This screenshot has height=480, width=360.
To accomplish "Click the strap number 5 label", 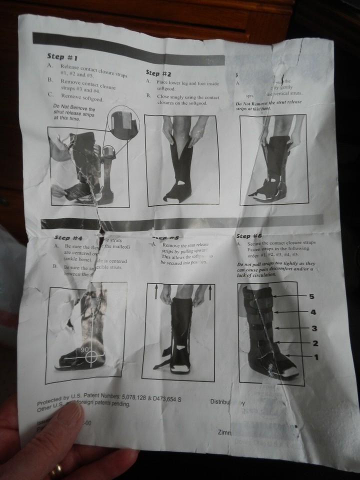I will [311, 296].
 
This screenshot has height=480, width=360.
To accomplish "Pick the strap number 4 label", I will [313, 312].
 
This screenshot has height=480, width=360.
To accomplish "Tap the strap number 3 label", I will [314, 328].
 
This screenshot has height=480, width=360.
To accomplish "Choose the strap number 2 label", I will [315, 343].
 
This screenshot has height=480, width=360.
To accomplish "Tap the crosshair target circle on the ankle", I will [92, 356].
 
